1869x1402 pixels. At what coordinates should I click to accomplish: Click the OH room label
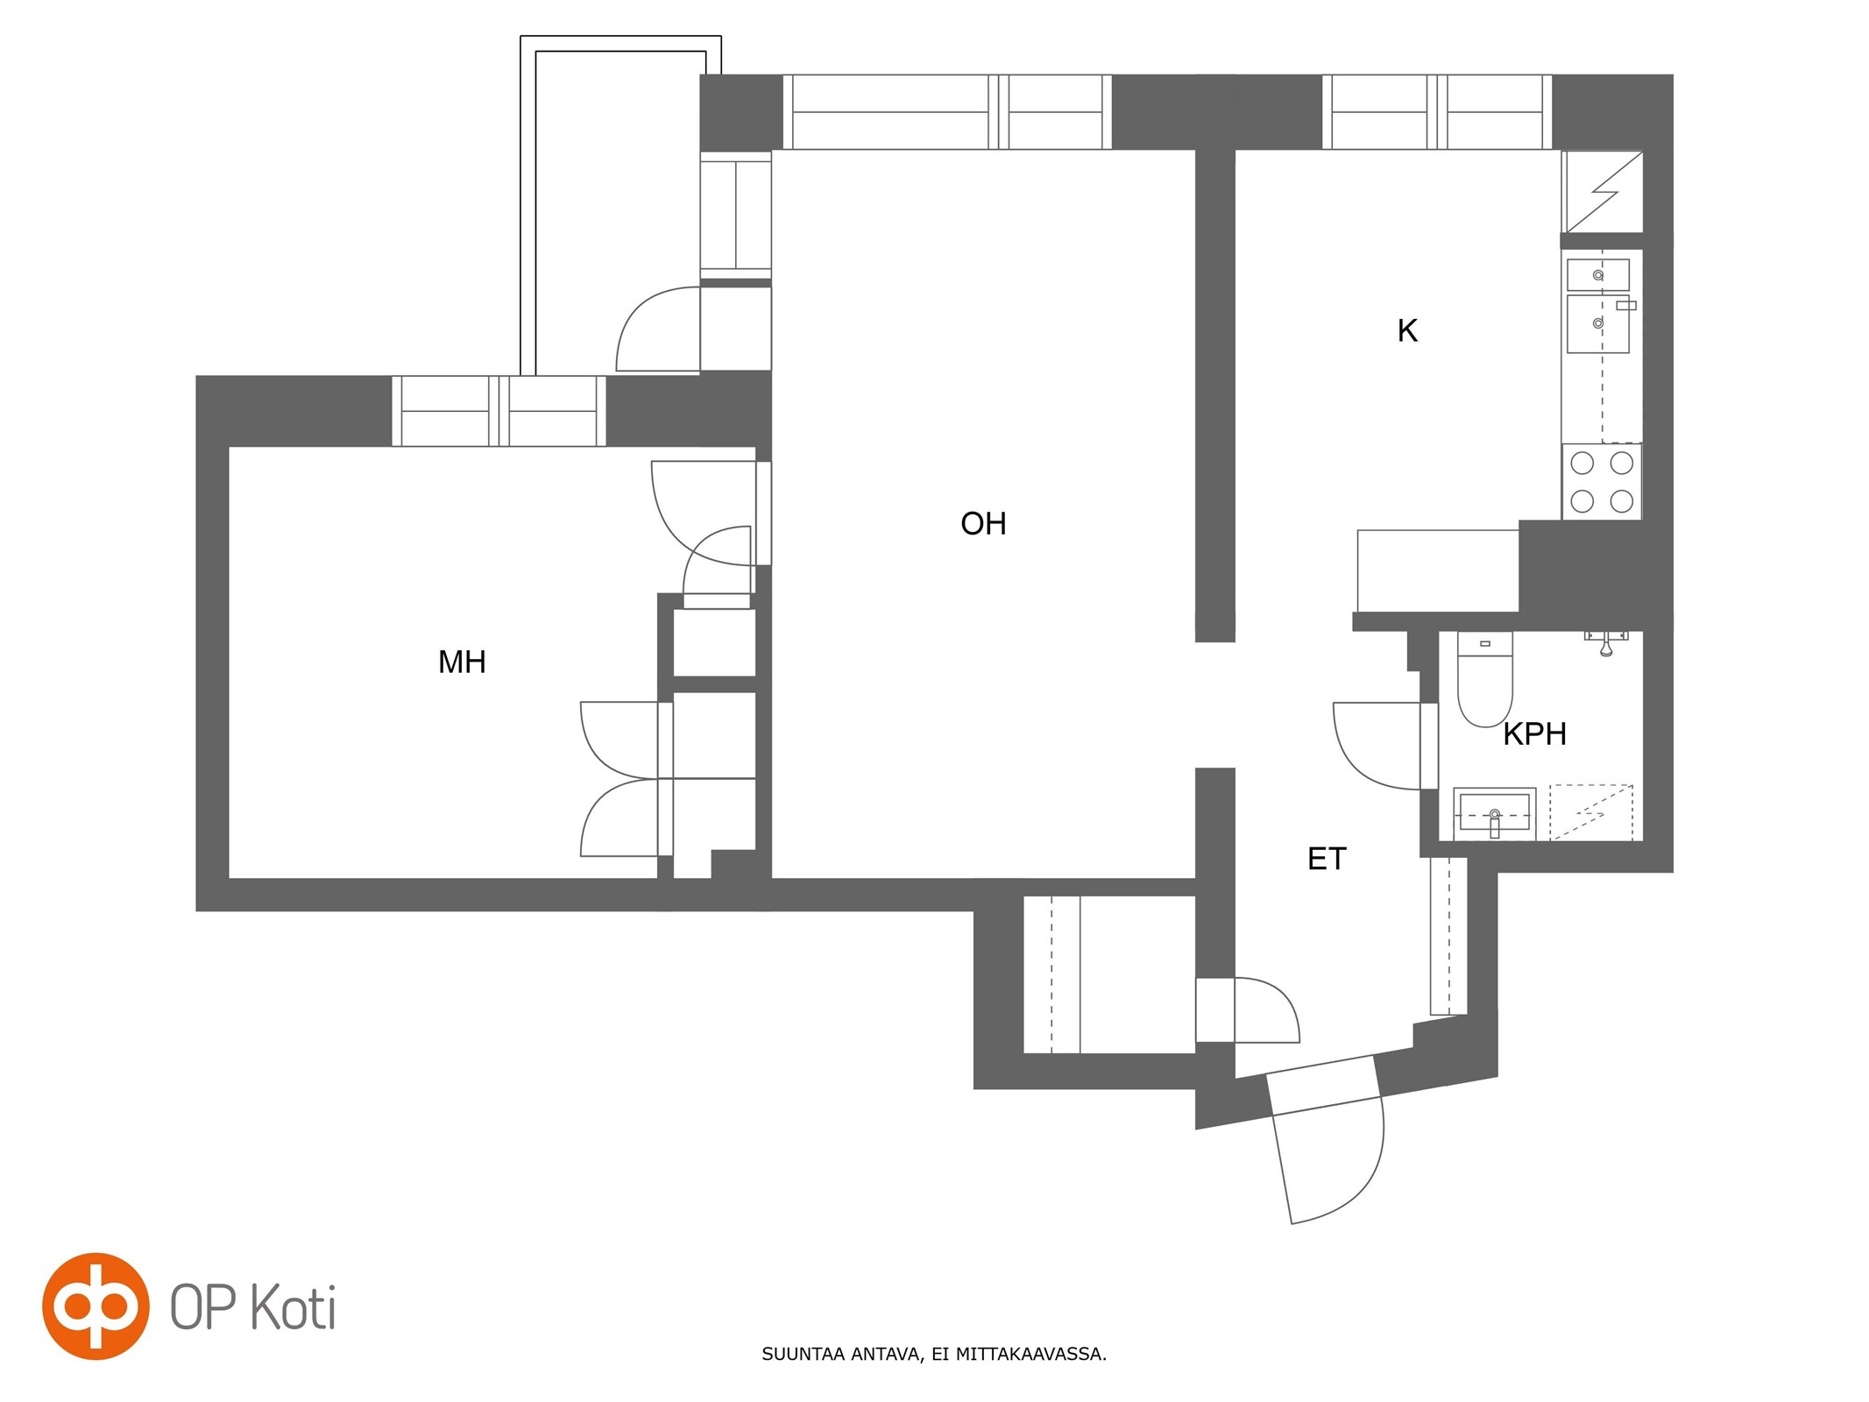983,524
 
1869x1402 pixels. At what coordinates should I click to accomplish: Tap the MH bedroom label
462,662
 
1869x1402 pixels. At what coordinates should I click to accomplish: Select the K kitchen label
1407,331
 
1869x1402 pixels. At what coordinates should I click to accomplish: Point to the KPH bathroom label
1534,734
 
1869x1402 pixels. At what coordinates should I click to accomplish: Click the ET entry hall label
1327,859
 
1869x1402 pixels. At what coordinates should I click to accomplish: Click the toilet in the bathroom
1484,679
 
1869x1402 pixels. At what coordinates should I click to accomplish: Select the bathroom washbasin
1494,814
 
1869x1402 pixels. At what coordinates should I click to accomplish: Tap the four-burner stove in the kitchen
1602,482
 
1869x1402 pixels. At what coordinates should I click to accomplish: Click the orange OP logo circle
96,1306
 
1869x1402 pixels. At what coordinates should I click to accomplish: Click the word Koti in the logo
294,1308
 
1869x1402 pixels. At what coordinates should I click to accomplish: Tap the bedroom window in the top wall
499,411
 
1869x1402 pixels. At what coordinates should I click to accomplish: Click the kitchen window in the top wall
1437,112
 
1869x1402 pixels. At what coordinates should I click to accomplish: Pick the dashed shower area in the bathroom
1591,813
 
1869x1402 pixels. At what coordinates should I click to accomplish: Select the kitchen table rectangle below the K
1438,570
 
